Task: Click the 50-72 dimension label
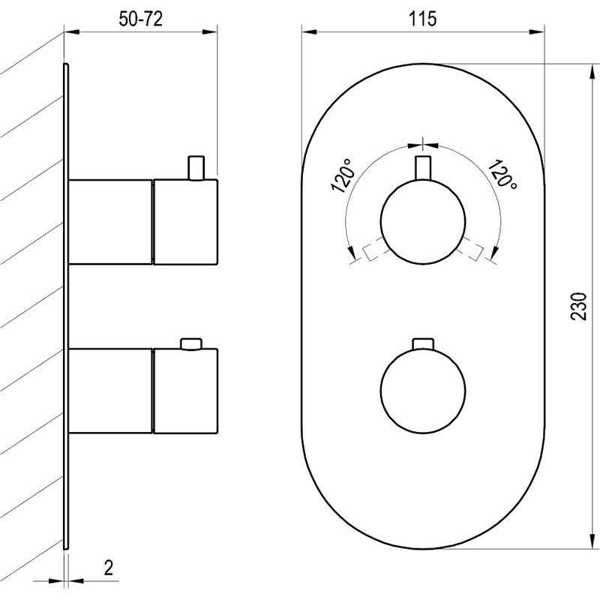click(x=140, y=19)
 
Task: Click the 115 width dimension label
click(x=422, y=19)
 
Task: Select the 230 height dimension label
click(x=578, y=306)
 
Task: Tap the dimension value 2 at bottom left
click(x=109, y=568)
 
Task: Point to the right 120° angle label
click(x=502, y=174)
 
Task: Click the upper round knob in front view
click(x=423, y=221)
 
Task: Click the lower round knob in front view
click(x=423, y=391)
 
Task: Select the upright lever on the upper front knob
click(x=423, y=168)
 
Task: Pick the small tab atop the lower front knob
click(x=423, y=343)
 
